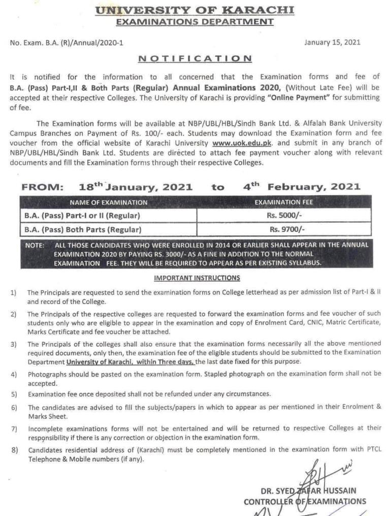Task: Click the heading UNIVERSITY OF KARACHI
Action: point(195,10)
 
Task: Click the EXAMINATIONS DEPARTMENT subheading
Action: point(195,21)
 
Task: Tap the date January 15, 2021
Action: point(332,42)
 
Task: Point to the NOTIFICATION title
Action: point(195,58)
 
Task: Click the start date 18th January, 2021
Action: point(136,187)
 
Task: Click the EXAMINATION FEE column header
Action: point(283,202)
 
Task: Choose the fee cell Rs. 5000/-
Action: point(283,215)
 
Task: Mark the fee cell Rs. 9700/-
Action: point(283,229)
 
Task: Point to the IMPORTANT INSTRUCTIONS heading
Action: point(197,278)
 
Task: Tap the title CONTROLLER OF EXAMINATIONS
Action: point(305,501)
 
